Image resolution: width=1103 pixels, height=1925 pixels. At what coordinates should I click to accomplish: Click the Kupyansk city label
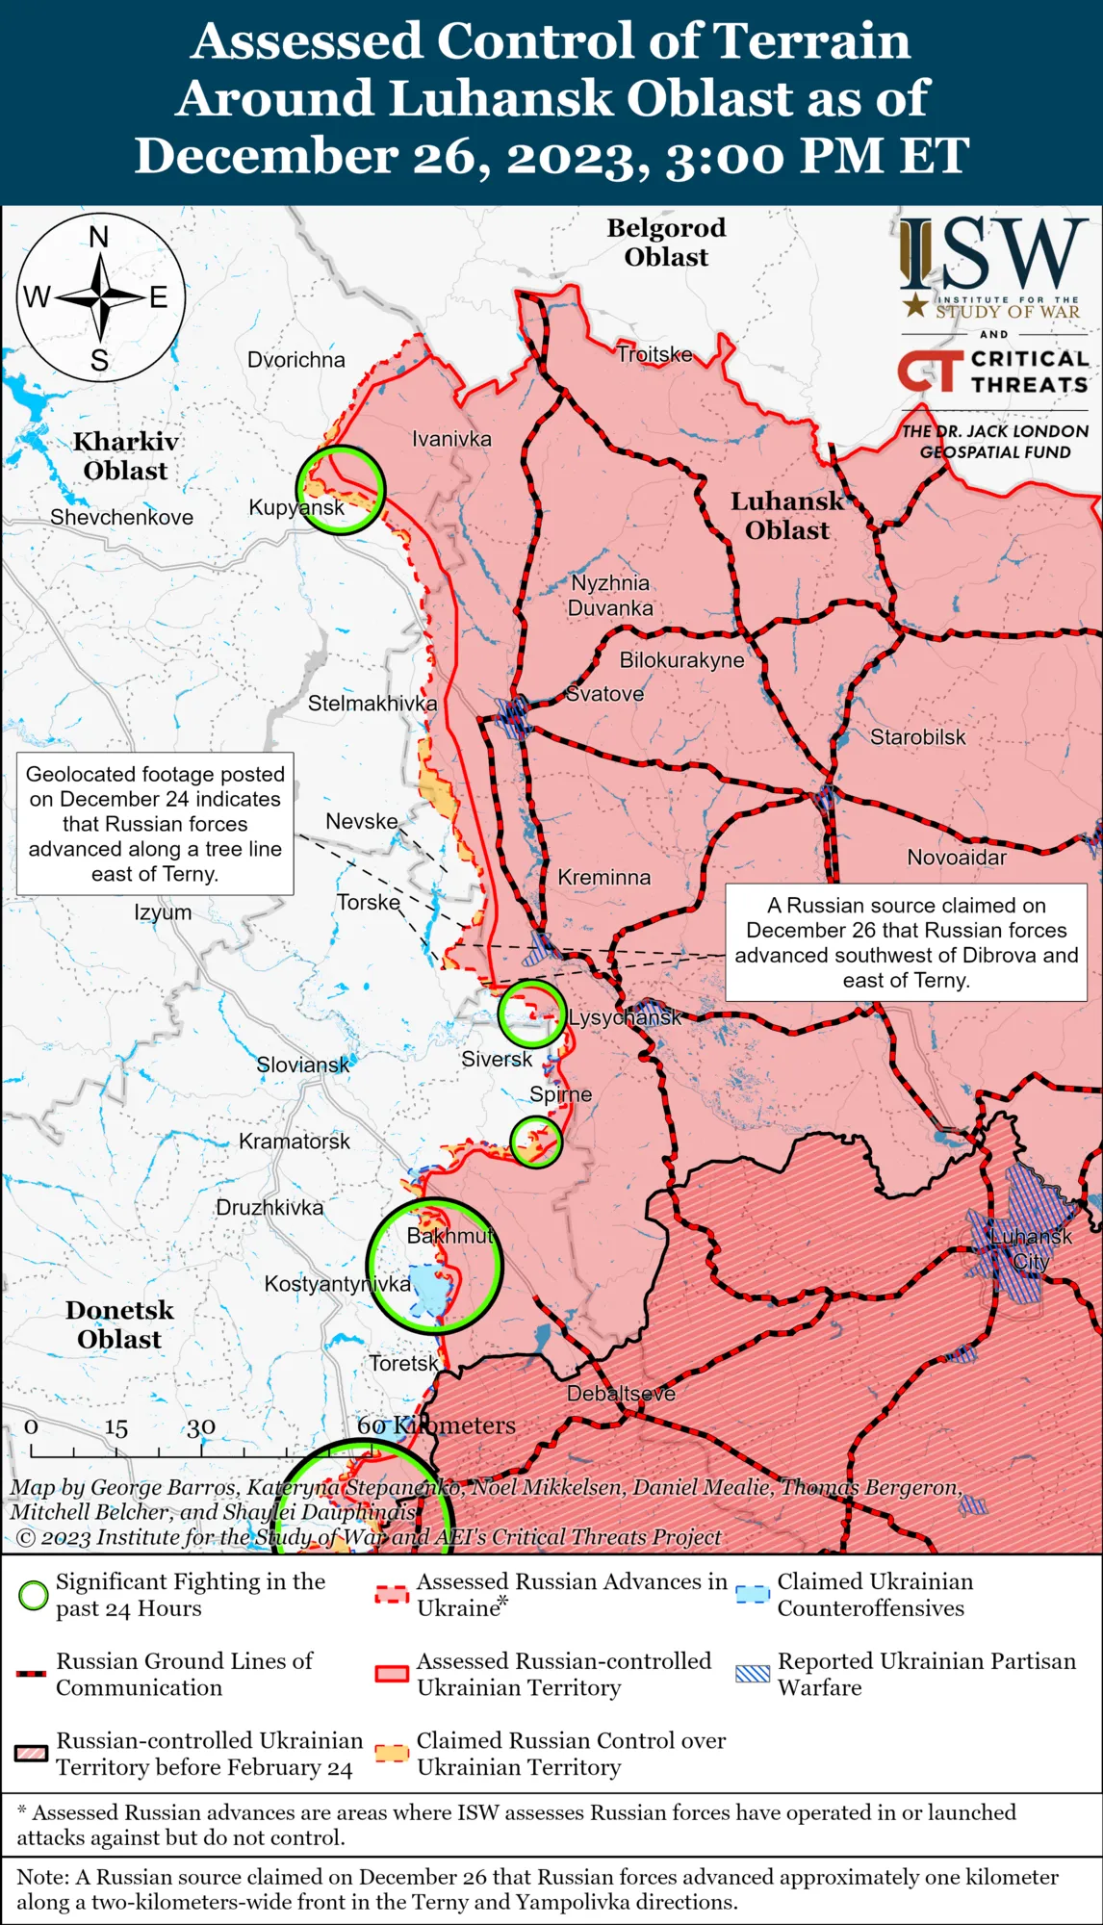point(295,507)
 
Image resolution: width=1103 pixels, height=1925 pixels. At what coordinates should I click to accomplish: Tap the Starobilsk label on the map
point(917,737)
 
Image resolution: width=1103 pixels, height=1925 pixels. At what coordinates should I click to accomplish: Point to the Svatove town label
point(604,694)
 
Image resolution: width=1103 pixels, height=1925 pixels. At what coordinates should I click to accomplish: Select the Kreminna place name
point(604,878)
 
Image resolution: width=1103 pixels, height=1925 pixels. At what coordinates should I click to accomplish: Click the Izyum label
point(163,912)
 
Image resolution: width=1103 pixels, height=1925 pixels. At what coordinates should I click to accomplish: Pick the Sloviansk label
point(303,1065)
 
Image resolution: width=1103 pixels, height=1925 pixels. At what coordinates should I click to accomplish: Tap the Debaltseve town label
point(621,1394)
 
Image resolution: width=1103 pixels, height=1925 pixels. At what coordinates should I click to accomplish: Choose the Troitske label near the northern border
point(654,354)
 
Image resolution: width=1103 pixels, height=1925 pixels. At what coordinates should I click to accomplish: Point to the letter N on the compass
point(99,237)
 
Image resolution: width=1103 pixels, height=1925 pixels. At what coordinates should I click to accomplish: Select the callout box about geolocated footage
point(155,824)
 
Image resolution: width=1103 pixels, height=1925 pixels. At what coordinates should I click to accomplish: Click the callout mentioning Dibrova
point(906,942)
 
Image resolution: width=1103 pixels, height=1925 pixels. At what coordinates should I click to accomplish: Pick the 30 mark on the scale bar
point(201,1427)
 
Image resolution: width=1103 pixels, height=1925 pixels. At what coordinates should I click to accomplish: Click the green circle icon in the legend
point(34,1595)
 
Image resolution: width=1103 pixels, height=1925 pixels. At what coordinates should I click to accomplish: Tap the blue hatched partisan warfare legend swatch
point(752,1673)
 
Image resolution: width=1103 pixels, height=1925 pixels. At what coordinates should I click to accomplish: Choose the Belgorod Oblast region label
point(666,243)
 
